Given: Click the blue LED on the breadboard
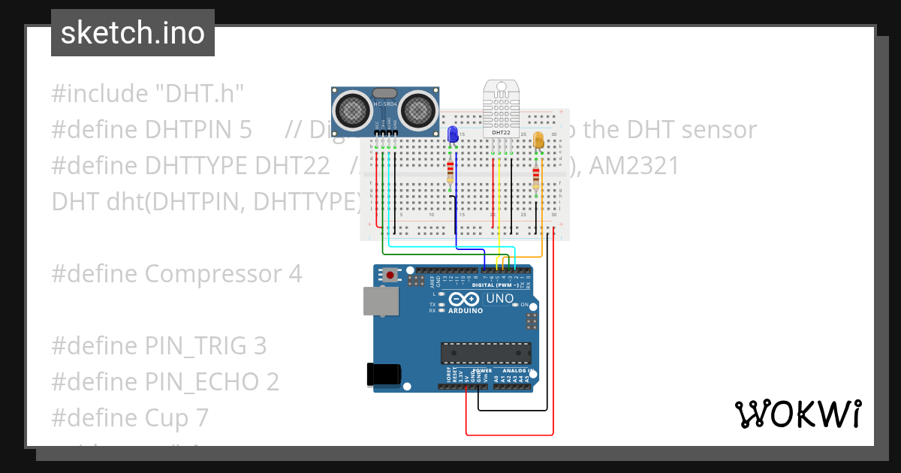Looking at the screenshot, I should tap(453, 134).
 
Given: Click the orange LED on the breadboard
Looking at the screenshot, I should tap(538, 140).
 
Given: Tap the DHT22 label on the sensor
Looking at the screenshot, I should tap(501, 132).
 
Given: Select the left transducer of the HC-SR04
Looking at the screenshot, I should tap(351, 111).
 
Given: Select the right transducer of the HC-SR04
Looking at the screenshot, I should tap(418, 111).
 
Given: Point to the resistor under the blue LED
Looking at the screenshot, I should tap(450, 172).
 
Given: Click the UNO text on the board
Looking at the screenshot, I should tap(500, 299).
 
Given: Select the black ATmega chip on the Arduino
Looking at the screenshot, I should tap(486, 353).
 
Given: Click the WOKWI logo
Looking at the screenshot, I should tap(798, 414).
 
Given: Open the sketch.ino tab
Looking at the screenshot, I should tap(133, 33).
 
